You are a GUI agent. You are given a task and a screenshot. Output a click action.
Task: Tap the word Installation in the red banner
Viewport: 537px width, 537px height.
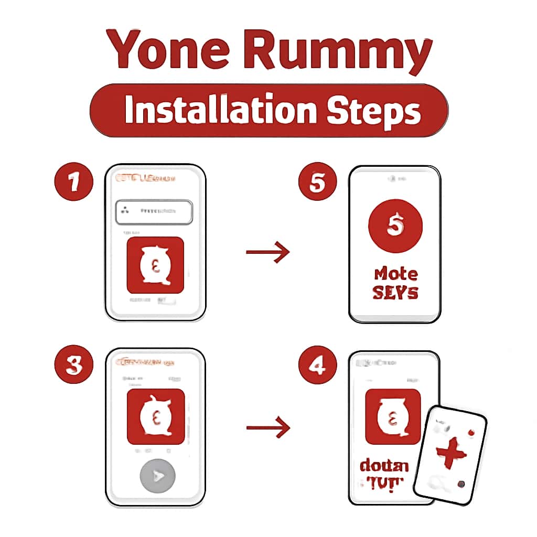pyautogui.click(x=221, y=110)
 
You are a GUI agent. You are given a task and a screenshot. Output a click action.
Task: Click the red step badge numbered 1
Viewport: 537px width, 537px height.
pyautogui.click(x=74, y=183)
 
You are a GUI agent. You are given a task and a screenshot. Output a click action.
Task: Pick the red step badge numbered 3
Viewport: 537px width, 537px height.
pyautogui.click(x=74, y=365)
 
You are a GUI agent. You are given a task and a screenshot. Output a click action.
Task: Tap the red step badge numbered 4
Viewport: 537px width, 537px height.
pyautogui.click(x=317, y=366)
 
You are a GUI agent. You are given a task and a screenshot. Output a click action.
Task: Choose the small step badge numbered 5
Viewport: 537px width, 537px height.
pyautogui.click(x=317, y=184)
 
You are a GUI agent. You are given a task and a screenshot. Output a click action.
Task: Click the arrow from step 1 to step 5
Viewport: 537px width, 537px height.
pyautogui.click(x=267, y=253)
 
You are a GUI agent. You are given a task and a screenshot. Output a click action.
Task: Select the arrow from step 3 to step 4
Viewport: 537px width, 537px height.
pyautogui.click(x=267, y=428)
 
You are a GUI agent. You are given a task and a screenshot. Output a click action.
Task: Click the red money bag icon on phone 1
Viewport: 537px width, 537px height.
pyautogui.click(x=155, y=265)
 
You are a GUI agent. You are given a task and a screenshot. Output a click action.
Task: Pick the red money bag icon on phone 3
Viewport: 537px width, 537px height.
pyautogui.click(x=156, y=416)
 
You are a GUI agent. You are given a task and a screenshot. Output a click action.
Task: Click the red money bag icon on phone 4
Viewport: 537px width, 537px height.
pyautogui.click(x=392, y=417)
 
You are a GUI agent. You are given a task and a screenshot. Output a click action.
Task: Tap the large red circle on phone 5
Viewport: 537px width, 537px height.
pyautogui.click(x=394, y=226)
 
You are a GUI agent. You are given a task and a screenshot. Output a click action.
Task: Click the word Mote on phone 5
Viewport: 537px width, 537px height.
pyautogui.click(x=396, y=274)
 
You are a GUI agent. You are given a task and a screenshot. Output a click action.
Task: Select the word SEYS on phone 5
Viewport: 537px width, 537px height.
pyautogui.click(x=395, y=293)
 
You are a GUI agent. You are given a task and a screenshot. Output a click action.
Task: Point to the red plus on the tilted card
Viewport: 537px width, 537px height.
pyautogui.click(x=449, y=452)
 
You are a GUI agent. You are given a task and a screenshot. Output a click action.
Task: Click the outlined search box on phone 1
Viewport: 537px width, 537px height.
pyautogui.click(x=154, y=211)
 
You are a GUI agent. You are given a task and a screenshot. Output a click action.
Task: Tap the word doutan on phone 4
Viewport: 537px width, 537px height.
pyautogui.click(x=384, y=466)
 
